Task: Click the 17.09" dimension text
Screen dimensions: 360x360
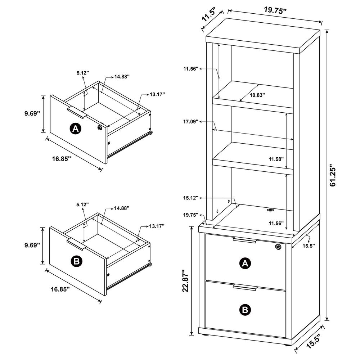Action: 191,122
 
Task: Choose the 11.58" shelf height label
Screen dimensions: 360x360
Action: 276,159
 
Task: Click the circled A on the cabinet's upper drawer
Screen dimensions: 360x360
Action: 245,264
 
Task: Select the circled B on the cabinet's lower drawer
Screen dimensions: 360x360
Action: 245,309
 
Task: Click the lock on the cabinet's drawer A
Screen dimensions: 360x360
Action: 278,247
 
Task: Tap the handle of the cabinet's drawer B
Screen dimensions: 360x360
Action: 244,287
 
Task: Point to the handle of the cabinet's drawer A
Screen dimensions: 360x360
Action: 244,240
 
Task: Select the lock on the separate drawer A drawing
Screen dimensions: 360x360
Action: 99,128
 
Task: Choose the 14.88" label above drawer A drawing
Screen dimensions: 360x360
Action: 122,76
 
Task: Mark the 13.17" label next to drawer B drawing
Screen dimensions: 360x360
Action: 157,226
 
